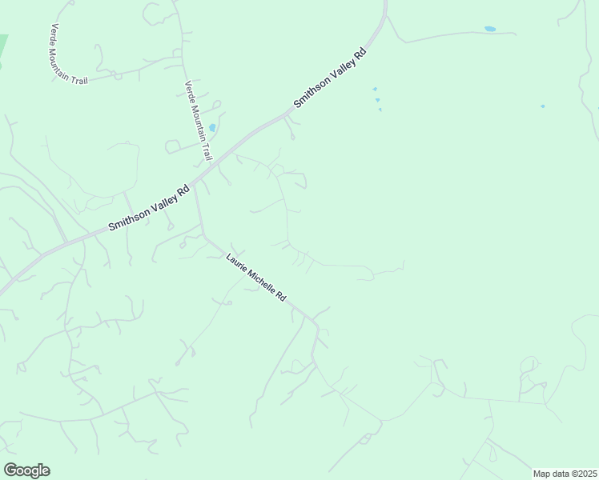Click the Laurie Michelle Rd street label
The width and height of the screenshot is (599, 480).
pyautogui.click(x=256, y=277)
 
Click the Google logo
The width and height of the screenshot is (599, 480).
pyautogui.click(x=26, y=470)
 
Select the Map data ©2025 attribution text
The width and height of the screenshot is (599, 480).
pyautogui.click(x=565, y=474)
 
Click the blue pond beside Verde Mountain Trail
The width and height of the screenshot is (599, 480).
pyautogui.click(x=212, y=127)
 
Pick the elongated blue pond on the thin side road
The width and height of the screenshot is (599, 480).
pyautogui.click(x=489, y=30)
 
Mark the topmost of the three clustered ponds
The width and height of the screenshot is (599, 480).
pyautogui.click(x=375, y=89)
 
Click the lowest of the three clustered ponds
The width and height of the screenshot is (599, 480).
pyautogui.click(x=380, y=110)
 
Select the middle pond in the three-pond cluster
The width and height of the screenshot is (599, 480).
pyautogui.click(x=377, y=100)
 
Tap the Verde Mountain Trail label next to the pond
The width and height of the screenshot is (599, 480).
pyautogui.click(x=198, y=120)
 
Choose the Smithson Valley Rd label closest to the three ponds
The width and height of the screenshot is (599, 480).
pyautogui.click(x=329, y=78)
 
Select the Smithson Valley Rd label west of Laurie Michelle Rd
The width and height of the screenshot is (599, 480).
pyautogui.click(x=149, y=208)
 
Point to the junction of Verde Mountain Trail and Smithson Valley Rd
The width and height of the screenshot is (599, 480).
pyautogui.click(x=210, y=166)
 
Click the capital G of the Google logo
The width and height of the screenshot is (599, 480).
pyautogui.click(x=10, y=470)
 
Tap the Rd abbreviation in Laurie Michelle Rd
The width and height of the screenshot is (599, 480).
pyautogui.click(x=281, y=295)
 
